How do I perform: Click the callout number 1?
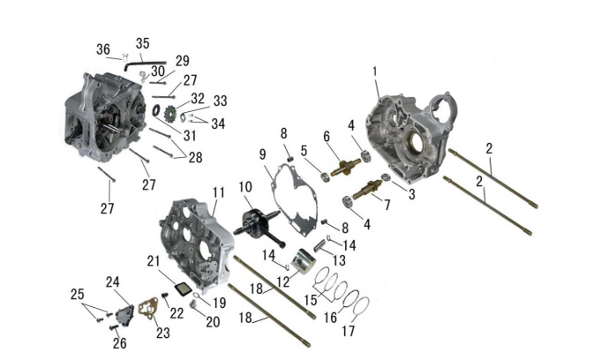coord(374,70)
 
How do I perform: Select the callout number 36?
coord(103,49)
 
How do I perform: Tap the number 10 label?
coord(245,186)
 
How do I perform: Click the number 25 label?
coord(78,293)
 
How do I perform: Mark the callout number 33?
coord(220,101)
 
